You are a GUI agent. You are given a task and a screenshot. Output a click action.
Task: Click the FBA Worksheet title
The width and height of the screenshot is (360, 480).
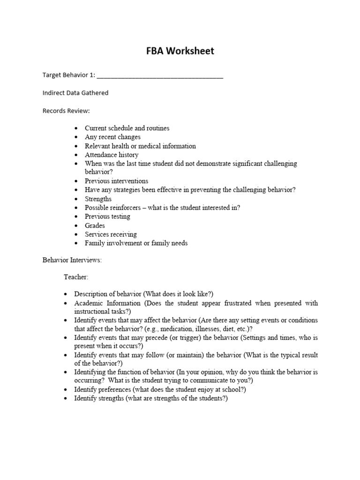pyautogui.click(x=180, y=51)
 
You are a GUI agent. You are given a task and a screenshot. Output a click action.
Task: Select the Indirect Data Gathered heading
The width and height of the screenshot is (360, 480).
pyautogui.click(x=75, y=93)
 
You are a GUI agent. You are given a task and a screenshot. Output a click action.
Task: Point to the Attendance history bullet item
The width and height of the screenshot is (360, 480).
pyautogui.click(x=112, y=155)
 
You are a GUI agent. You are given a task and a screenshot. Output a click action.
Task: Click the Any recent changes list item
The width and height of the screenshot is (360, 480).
pyautogui.click(x=112, y=137)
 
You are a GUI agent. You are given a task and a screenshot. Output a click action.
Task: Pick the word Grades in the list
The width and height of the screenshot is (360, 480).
pyautogui.click(x=95, y=225)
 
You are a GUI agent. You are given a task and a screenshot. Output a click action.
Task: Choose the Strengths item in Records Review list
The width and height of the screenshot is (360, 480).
pyautogui.click(x=98, y=199)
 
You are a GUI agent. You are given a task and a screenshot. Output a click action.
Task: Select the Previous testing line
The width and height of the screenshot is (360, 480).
pyautogui.click(x=107, y=217)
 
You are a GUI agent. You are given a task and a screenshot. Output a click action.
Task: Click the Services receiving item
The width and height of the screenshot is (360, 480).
pyautogui.click(x=111, y=234)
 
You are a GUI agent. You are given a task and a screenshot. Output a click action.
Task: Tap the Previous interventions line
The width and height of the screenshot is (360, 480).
pyautogui.click(x=116, y=181)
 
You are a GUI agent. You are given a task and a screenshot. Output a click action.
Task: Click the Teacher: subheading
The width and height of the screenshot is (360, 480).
pyautogui.click(x=76, y=277)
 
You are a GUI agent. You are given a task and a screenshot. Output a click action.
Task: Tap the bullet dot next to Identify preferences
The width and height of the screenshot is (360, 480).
pyautogui.click(x=66, y=390)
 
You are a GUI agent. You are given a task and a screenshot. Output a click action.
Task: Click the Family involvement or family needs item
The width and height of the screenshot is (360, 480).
pyautogui.click(x=136, y=243)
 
